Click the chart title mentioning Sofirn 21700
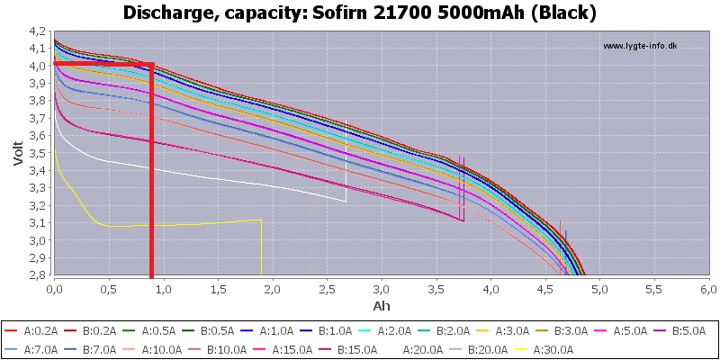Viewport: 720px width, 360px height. click(359, 13)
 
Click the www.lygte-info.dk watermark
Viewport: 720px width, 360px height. click(639, 46)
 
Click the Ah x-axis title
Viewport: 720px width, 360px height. click(381, 305)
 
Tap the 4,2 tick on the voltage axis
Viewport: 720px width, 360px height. click(39, 31)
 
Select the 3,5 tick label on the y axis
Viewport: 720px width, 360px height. click(39, 153)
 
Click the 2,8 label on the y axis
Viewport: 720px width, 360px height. click(39, 274)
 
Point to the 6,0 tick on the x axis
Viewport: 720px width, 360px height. click(708, 289)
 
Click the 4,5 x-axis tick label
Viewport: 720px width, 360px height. click(545, 289)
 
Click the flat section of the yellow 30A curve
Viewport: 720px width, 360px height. click(180, 223)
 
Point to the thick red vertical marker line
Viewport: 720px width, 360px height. click(151, 171)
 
